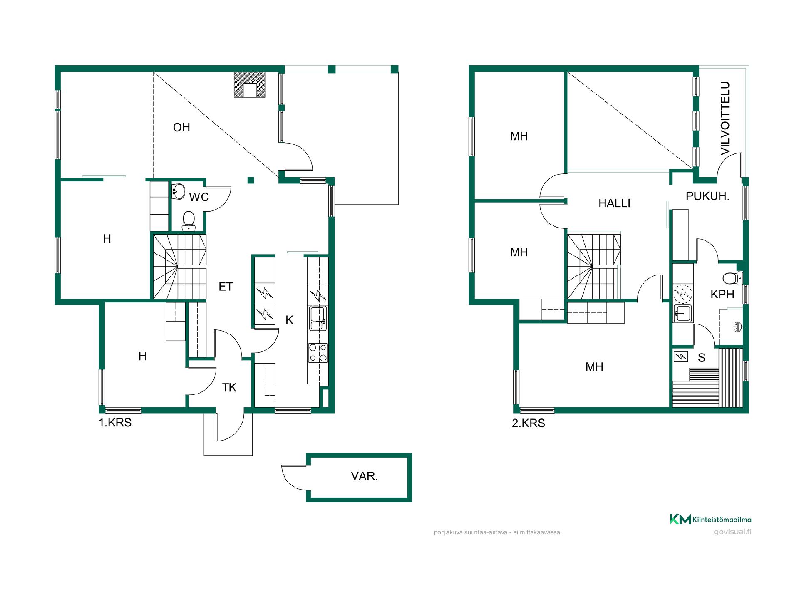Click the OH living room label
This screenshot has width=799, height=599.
pos(181,127)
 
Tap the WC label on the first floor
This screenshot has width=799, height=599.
pos(199,197)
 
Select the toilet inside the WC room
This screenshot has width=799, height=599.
pos(189,220)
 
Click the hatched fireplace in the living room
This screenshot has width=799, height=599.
pos(249,85)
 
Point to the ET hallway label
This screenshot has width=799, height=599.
pos(226,287)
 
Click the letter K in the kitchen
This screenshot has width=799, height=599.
pos(290,320)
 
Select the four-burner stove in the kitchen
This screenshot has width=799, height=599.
pos(318,353)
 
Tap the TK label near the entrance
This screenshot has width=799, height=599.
pos(229,388)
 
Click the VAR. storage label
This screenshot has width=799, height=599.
pos(364,476)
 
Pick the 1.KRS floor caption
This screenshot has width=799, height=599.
pos(115,423)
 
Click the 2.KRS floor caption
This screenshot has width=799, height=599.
pos(529,423)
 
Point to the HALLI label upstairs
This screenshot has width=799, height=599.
pos(614,203)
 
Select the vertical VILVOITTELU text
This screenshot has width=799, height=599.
pos(725,119)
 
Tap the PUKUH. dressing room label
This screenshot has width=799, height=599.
pos(708,196)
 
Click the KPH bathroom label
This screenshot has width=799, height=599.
pos(722,294)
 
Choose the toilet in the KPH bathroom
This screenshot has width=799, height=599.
pos(732,277)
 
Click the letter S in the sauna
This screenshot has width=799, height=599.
pos(702,357)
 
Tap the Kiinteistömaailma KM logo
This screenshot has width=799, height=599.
pos(710,519)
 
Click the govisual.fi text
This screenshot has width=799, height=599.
pos(732,532)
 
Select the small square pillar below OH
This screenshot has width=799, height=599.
pos(251,180)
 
